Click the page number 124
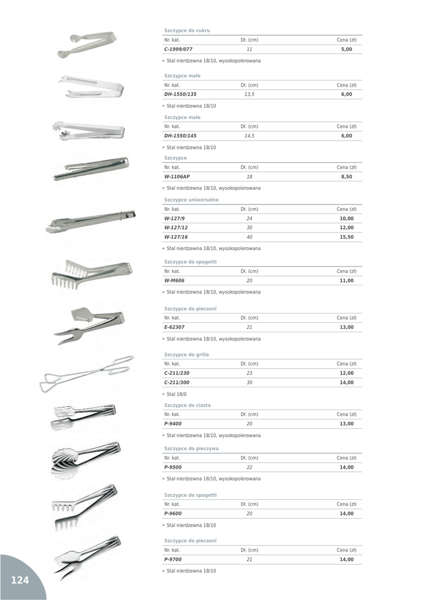(x=19, y=580)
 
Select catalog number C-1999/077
(x=178, y=49)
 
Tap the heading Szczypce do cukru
(x=187, y=30)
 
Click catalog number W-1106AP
(x=177, y=176)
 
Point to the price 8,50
(x=347, y=176)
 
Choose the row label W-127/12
(x=176, y=227)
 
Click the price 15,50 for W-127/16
(x=347, y=237)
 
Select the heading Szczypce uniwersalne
(x=191, y=199)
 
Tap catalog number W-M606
(x=174, y=280)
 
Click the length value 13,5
(x=249, y=94)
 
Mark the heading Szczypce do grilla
(x=186, y=354)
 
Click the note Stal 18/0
(x=176, y=394)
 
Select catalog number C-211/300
(x=176, y=382)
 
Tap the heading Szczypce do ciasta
(x=188, y=405)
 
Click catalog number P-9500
(x=173, y=467)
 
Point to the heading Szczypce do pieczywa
(x=191, y=448)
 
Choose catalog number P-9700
(x=173, y=559)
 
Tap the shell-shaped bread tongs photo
(x=86, y=455)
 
